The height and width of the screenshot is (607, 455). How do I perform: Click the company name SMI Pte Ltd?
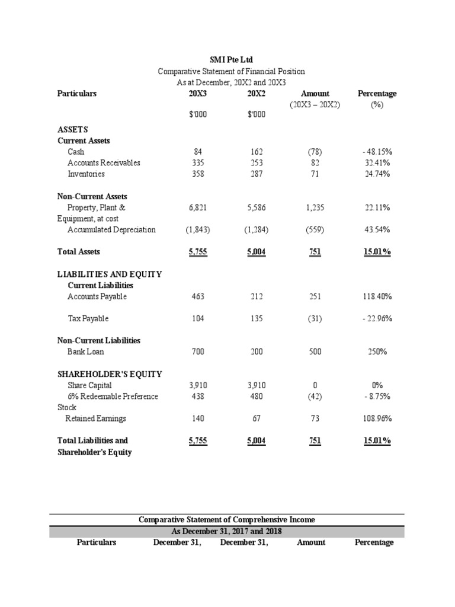[232, 60]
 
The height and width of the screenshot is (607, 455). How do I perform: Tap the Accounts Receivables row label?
[104, 163]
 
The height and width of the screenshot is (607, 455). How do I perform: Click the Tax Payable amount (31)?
[315, 319]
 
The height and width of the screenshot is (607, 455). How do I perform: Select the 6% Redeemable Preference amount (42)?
[315, 397]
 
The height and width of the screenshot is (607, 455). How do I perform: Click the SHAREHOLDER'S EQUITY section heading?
[110, 374]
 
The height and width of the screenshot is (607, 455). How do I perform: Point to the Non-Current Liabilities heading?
[98, 341]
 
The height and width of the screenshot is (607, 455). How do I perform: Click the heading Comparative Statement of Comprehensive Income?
[227, 520]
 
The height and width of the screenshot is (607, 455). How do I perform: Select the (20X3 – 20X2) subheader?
[315, 104]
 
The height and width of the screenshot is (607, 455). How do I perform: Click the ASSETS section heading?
[73, 129]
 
